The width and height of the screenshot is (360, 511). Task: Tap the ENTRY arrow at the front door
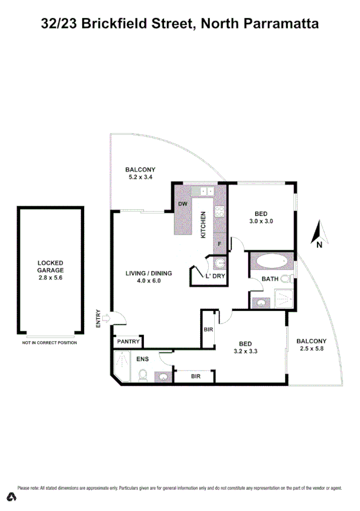click(107, 317)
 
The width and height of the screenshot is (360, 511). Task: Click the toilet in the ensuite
click(142, 376)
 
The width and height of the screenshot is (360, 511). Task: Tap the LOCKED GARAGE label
click(50, 267)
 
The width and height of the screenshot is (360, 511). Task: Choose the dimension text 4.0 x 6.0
click(149, 281)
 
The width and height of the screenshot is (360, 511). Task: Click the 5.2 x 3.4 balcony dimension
click(140, 177)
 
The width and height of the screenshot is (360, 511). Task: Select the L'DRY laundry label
click(215, 276)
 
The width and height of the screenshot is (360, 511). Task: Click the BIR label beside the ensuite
click(195, 376)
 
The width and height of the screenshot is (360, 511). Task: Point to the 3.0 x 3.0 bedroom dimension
click(261, 221)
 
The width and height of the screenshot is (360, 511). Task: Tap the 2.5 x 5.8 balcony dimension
click(312, 349)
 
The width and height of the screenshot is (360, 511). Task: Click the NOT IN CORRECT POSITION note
click(50, 343)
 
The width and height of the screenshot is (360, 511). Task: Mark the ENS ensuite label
click(142, 359)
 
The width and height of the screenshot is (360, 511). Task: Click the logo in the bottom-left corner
click(10, 497)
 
